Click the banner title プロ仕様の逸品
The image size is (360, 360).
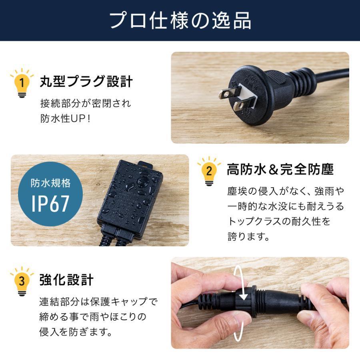180,21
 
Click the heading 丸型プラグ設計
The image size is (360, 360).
86,82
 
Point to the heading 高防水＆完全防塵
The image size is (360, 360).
280,170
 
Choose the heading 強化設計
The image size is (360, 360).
66,280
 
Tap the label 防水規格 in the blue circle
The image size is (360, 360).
50,183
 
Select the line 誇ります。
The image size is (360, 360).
248,237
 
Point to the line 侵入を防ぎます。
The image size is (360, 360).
75,332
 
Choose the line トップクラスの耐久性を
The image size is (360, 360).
279,222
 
